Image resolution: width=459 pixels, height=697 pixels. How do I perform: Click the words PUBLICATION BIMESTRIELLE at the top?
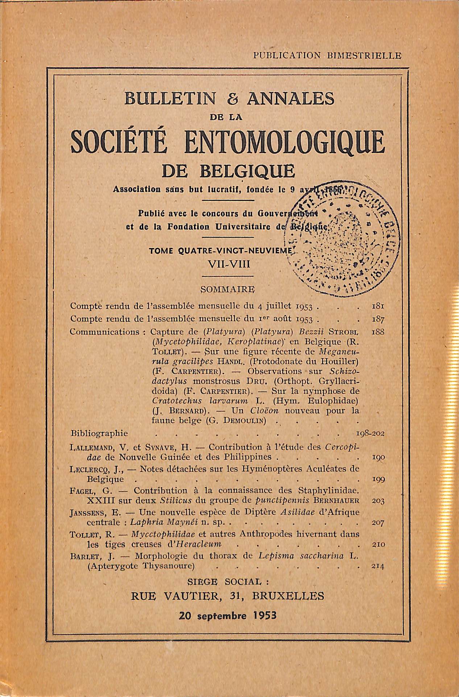(327, 56)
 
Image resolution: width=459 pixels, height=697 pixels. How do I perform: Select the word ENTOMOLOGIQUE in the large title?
(284, 143)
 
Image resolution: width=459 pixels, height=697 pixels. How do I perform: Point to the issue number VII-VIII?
(228, 264)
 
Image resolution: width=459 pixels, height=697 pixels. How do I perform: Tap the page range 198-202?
(371, 434)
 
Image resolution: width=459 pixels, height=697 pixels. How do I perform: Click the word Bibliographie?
(99, 433)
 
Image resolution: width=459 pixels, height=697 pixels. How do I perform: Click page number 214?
(378, 567)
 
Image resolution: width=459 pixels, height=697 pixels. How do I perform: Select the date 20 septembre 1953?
(228, 615)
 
